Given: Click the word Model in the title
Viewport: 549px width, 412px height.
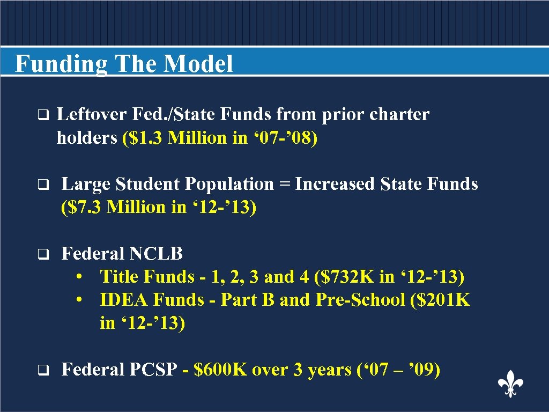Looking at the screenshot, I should point(198,64).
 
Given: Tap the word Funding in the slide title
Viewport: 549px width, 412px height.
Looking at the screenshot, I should point(61,64).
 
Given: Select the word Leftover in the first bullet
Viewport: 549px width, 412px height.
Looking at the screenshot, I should point(92,114).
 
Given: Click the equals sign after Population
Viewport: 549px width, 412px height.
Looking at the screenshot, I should point(284,185).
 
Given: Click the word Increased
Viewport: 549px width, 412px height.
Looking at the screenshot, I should point(335,184).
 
